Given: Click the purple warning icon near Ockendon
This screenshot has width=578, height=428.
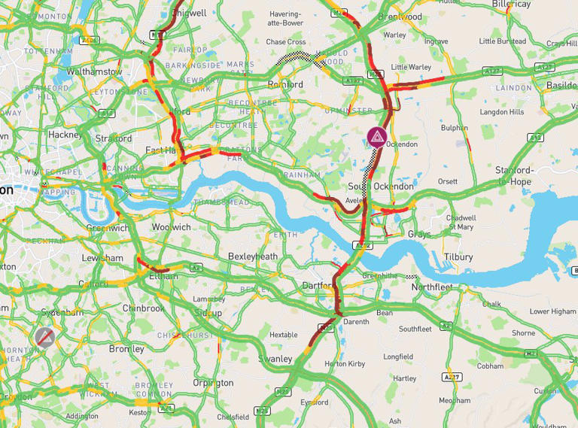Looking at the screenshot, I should [376, 137].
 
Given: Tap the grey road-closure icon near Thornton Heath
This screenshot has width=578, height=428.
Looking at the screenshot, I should [45, 336].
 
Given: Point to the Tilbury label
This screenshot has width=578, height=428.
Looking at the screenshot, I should [458, 256].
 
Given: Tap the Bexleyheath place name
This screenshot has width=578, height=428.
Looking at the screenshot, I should [253, 256].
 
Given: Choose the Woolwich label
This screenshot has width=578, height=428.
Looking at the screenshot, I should [171, 227].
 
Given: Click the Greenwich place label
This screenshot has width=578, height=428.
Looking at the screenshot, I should [107, 228].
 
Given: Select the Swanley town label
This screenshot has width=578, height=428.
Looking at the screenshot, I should [275, 359].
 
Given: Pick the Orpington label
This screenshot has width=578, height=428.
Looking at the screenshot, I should [213, 383].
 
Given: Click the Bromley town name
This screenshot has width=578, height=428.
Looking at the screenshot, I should [126, 349].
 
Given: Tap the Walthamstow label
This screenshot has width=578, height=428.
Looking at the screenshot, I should [94, 72].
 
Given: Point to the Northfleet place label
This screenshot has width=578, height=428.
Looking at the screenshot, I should [433, 287].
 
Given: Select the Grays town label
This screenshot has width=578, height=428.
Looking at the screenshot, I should [419, 234].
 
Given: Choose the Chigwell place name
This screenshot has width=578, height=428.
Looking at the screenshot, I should [189, 13].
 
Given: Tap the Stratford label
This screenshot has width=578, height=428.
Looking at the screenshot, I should [114, 138].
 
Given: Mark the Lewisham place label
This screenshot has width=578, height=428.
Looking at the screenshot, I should [102, 258].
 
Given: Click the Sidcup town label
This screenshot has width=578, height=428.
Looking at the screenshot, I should [207, 311].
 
